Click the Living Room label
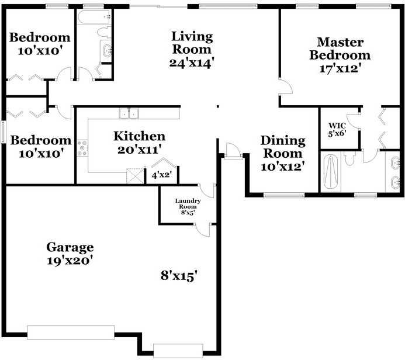[192, 43]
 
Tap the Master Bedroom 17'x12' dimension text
[340, 68]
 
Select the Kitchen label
[140, 136]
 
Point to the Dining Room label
[283, 147]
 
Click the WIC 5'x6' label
[337, 130]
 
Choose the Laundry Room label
[188, 203]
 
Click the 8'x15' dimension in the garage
[179, 276]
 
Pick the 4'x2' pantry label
[162, 175]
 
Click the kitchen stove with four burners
[82, 148]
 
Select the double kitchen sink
[129, 113]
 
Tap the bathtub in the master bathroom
[331, 172]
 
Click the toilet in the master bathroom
[349, 158]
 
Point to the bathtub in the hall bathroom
[94, 17]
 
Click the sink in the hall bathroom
[106, 51]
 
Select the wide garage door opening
[71, 332]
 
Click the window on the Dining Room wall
[284, 195]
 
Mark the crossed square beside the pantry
[135, 176]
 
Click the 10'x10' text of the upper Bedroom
[40, 51]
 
